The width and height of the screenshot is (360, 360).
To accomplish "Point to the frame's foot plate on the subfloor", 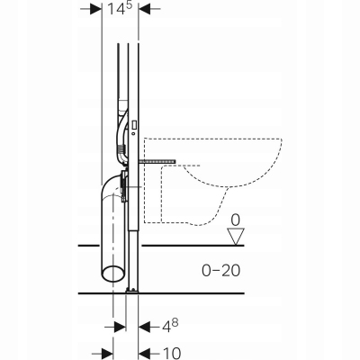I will point(131,290).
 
